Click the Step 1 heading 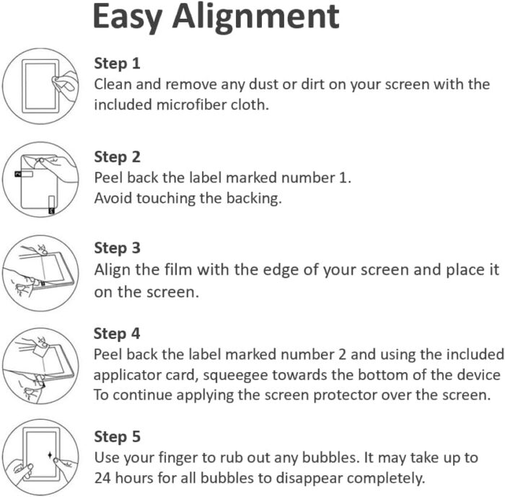click(117, 63)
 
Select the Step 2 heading click(117, 157)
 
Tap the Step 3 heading click(117, 248)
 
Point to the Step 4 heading click(117, 334)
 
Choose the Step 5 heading click(117, 436)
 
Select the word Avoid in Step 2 click(113, 198)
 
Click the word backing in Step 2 click(253, 199)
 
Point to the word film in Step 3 click(178, 270)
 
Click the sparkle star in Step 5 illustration click(50, 455)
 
